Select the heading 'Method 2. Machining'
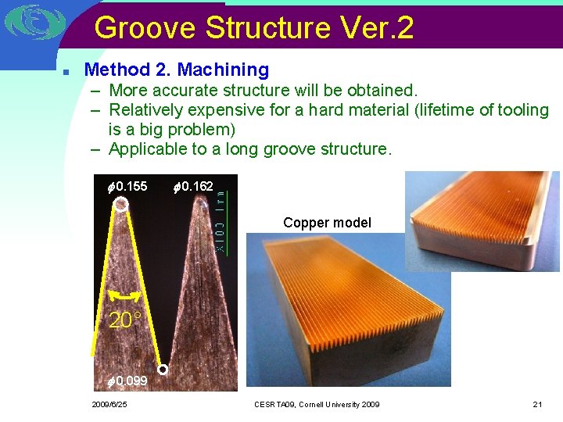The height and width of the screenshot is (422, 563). pos(176,70)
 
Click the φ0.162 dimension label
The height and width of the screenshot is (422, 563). pos(193,186)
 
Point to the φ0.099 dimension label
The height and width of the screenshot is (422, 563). pos(127,381)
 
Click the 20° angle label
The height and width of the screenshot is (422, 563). pos(125,320)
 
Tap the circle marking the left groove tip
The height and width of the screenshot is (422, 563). pos(120,205)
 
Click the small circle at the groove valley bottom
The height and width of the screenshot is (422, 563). pos(163,369)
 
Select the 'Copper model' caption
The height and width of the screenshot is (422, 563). pos(327,223)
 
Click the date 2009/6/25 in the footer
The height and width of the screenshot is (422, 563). pos(109,405)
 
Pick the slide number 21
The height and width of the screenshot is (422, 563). pos(536,405)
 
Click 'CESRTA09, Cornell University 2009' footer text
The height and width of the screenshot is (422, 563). pos(317,405)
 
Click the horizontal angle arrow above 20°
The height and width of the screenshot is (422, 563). pos(124,296)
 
